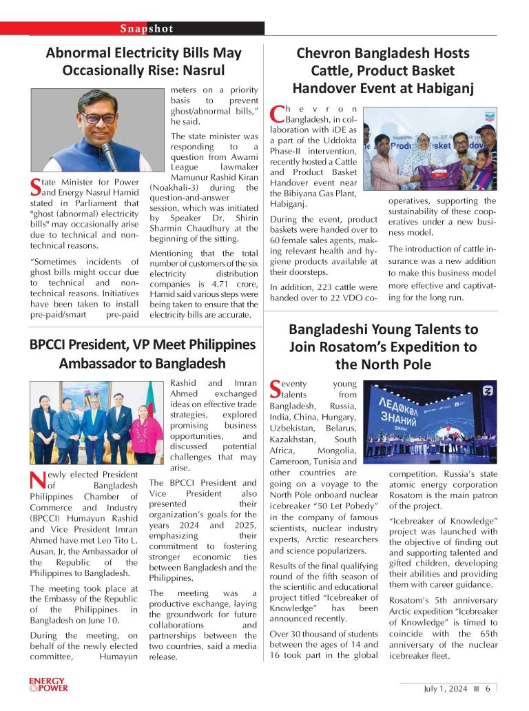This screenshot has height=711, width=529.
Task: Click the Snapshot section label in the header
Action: pyautogui.click(x=146, y=28)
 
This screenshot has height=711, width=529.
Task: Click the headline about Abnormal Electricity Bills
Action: pyautogui.click(x=143, y=61)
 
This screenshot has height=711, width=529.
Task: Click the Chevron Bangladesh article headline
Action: pyautogui.click(x=382, y=70)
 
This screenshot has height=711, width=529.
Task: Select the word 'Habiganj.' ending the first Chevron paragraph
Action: pyautogui.click(x=289, y=204)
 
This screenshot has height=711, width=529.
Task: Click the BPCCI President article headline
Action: pyautogui.click(x=143, y=353)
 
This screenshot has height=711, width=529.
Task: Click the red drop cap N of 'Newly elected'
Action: pyautogui.click(x=38, y=480)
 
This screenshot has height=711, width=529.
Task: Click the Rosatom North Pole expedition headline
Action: pyautogui.click(x=382, y=347)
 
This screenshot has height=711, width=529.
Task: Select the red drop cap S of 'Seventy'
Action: pyautogui.click(x=276, y=389)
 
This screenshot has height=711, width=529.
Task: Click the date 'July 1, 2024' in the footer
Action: pyautogui.click(x=445, y=688)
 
